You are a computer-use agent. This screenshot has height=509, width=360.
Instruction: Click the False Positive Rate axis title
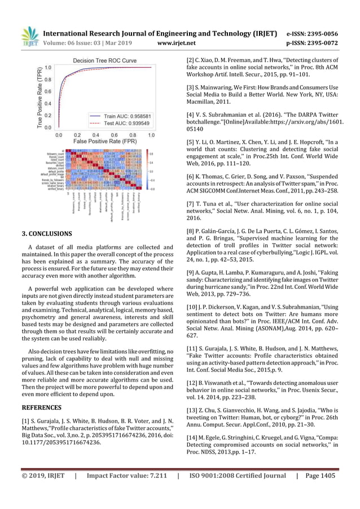[104, 143]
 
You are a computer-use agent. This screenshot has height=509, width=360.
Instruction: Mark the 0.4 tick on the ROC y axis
[49, 103]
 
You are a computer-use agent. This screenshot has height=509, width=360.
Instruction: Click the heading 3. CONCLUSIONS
[47, 233]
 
